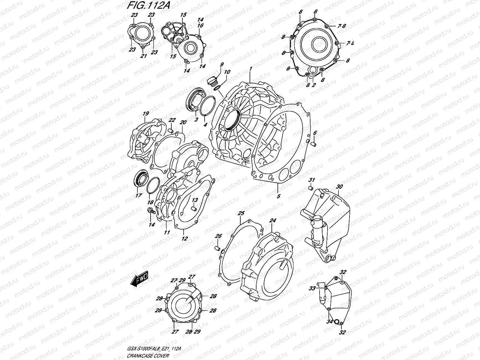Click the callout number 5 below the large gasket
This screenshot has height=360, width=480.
coord(278,196)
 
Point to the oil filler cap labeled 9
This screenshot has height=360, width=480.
coord(212,81)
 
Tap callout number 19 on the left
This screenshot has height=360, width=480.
coord(145,114)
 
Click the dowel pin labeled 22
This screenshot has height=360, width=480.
coord(171,131)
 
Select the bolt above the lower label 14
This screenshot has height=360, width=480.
coord(151,211)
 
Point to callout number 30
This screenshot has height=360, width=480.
coord(339,187)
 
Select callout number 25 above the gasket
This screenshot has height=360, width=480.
coord(241,214)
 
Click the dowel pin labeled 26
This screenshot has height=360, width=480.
coord(218,248)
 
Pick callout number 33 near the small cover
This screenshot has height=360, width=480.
coord(312,288)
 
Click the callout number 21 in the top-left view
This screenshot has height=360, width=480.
coord(143,56)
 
